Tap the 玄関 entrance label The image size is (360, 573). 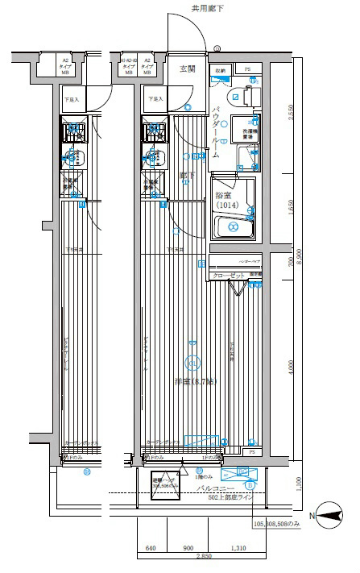tap(187, 69)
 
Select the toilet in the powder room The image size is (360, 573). tap(247, 97)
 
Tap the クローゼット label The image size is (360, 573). tap(228, 276)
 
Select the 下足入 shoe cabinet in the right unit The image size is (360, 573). tap(155, 99)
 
